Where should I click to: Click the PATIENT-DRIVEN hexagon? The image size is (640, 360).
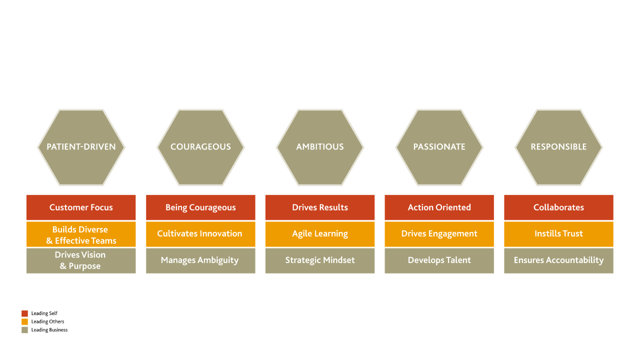[81, 147]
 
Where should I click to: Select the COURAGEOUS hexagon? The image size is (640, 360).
[200, 147]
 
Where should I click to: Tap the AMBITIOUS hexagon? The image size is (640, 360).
[320, 147]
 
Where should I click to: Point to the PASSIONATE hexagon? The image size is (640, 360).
[439, 147]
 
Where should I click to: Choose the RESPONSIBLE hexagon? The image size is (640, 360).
[558, 147]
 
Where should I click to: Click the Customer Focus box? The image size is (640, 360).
[81, 207]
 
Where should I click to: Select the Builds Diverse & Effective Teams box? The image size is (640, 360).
[81, 234]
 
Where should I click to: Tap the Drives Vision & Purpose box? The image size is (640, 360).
[81, 260]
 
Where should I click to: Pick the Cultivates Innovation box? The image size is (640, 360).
[200, 234]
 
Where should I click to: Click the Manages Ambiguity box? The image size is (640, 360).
[200, 260]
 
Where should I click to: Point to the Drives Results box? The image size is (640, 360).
[320, 207]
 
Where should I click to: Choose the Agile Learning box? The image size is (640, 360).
[320, 234]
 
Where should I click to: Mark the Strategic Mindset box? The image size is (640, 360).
[320, 260]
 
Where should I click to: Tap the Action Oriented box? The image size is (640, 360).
[439, 207]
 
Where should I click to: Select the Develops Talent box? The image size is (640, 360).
[439, 260]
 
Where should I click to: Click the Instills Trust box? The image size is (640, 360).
[558, 234]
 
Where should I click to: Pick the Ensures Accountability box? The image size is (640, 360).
[558, 260]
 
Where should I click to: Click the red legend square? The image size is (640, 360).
[25, 313]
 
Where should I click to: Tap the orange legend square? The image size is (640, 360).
[25, 321]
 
